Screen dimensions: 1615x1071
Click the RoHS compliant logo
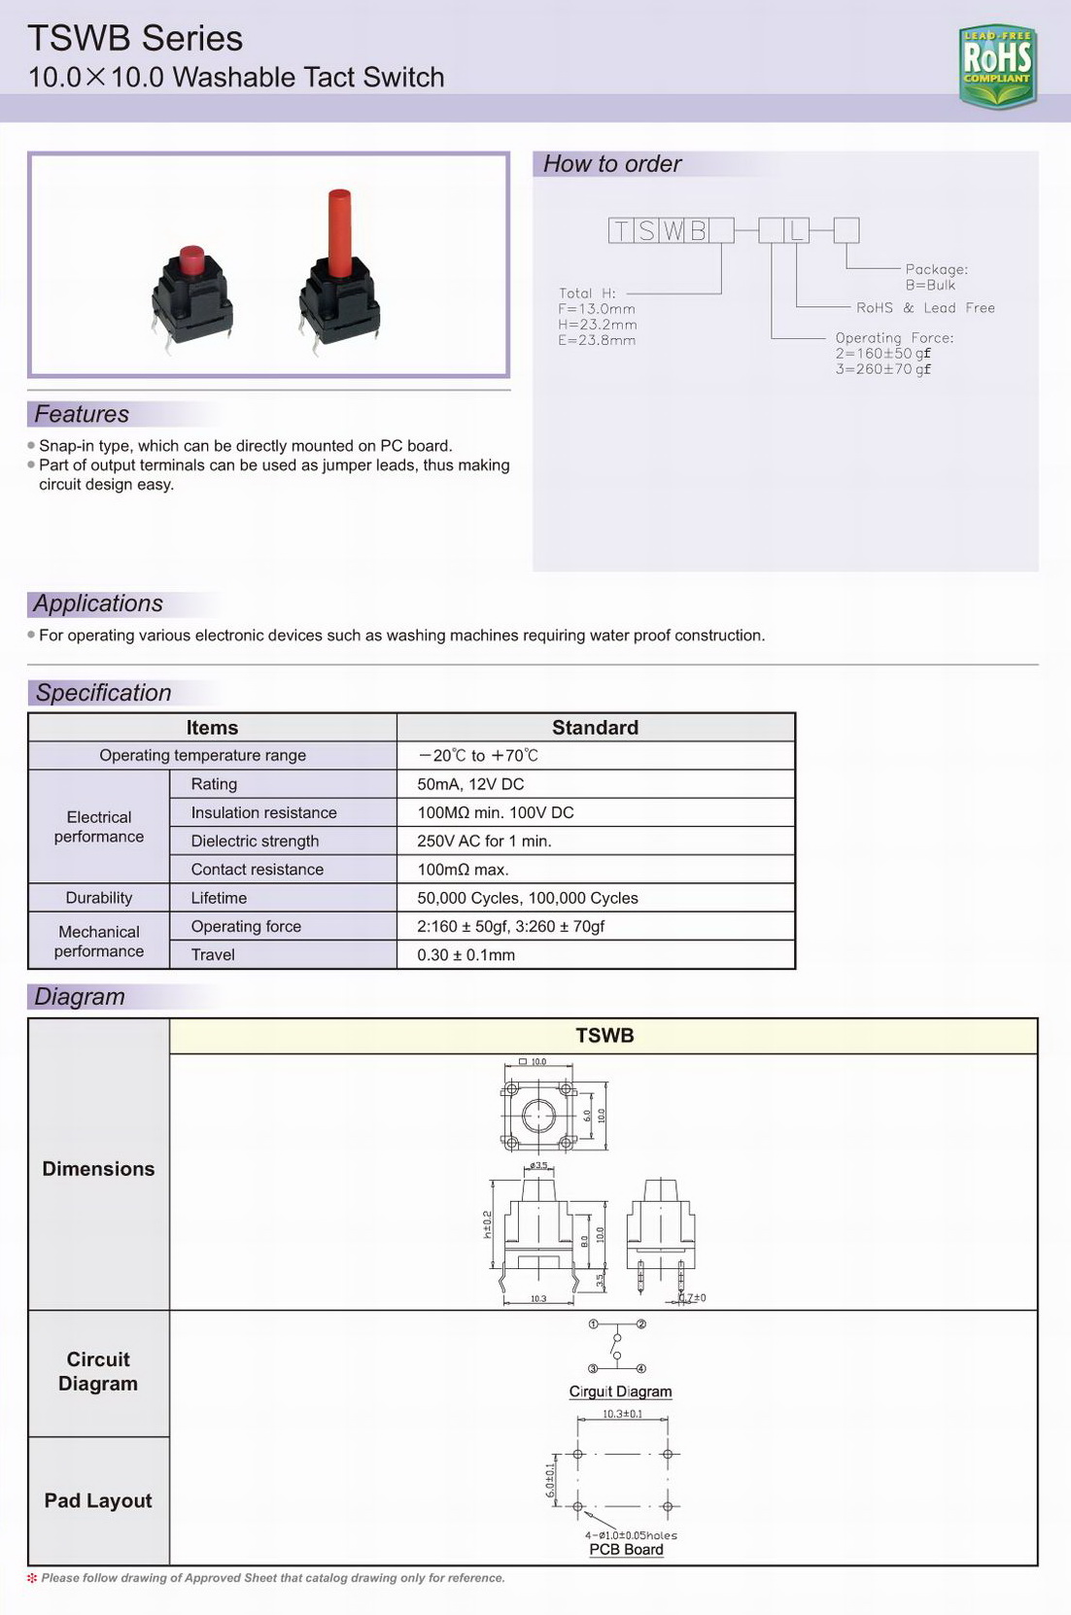(x=997, y=65)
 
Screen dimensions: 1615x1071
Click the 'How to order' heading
(x=612, y=164)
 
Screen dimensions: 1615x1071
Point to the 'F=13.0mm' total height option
(x=596, y=309)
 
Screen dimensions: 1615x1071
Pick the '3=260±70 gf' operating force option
(x=882, y=369)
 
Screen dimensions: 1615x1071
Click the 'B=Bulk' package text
(x=930, y=285)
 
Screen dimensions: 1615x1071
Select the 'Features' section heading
(x=82, y=414)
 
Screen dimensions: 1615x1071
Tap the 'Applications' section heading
(x=98, y=603)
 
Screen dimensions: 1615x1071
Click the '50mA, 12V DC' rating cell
(x=470, y=784)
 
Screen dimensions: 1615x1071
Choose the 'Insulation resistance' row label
(x=263, y=812)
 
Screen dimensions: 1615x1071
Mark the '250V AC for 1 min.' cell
(x=484, y=841)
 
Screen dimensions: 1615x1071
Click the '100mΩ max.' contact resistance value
(x=463, y=870)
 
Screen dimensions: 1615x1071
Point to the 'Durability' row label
(x=99, y=898)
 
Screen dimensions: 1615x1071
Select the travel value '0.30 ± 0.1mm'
(x=466, y=955)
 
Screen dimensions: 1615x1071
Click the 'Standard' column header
(x=595, y=728)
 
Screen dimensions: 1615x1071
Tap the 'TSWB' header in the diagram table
(x=605, y=1036)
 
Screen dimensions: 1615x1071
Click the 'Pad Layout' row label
(x=98, y=1500)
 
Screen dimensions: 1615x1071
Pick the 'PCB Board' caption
(x=626, y=1549)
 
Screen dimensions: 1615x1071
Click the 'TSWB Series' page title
(x=135, y=39)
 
